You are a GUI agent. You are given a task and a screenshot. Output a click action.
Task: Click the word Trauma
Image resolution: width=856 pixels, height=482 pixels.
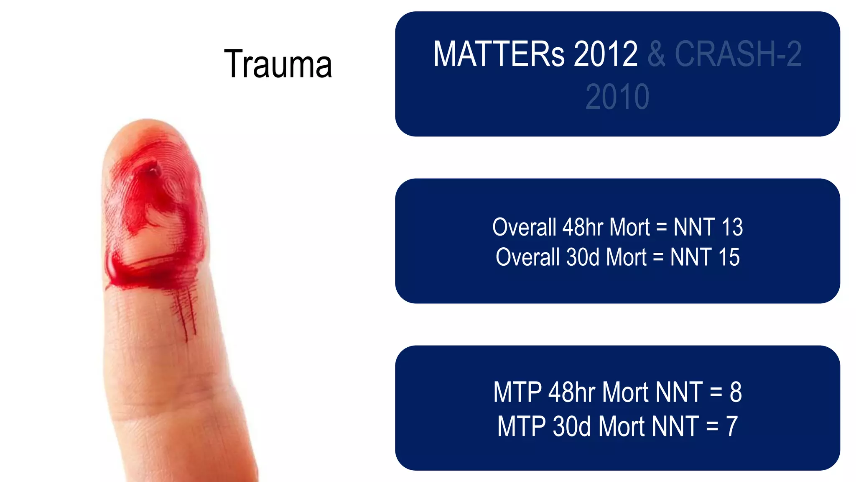click(278, 64)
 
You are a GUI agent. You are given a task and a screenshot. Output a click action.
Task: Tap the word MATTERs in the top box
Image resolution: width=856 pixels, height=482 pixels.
click(499, 54)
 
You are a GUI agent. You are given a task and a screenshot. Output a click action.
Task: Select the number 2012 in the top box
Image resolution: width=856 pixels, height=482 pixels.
click(606, 54)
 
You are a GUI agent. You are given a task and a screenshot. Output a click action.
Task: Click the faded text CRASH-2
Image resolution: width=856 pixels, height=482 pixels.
click(738, 54)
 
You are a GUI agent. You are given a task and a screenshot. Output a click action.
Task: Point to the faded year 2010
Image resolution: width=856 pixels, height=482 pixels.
click(617, 97)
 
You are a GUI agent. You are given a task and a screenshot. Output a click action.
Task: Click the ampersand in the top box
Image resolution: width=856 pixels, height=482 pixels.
click(656, 54)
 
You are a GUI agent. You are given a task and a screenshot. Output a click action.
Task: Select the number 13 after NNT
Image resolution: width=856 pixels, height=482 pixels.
click(732, 227)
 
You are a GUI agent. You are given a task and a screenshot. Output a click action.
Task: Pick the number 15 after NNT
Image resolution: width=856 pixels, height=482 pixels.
click(729, 257)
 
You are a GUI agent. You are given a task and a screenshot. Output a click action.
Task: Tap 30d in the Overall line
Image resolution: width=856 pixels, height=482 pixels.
click(583, 257)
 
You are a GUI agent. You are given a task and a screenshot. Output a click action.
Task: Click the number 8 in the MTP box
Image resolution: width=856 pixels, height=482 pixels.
click(736, 392)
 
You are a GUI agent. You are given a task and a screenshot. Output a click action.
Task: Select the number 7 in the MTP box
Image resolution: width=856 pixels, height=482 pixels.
click(732, 427)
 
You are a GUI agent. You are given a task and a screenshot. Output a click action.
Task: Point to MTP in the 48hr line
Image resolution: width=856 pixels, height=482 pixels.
click(517, 392)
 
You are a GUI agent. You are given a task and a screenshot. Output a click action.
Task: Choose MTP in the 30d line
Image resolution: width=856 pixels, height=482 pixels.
click(522, 427)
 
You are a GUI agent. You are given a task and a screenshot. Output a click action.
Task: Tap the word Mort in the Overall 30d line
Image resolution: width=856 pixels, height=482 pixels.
click(626, 257)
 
